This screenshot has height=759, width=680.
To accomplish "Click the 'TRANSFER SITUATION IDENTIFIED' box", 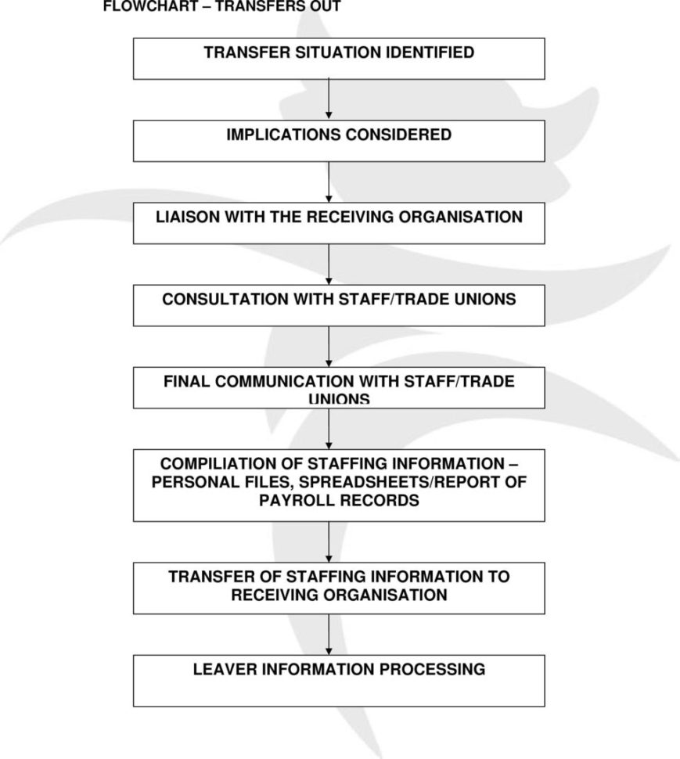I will [339, 59].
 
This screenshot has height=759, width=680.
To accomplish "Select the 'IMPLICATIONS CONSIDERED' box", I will [339, 141].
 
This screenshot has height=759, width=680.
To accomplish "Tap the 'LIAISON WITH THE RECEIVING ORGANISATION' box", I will [339, 223].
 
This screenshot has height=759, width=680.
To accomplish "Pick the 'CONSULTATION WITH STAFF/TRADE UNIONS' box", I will [339, 305].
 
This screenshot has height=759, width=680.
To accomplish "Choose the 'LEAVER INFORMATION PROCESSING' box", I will [339, 681].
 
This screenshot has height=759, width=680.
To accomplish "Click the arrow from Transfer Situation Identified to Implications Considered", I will [329, 99].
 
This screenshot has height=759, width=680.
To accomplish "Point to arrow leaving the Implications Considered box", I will [329, 182].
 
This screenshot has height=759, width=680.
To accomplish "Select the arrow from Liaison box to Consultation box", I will [329, 264].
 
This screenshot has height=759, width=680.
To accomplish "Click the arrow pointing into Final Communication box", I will [329, 346].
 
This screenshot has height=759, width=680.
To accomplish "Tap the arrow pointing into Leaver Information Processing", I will [329, 635].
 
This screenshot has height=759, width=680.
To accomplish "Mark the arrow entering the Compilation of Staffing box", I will [329, 428].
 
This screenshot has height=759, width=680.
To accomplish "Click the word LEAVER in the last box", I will [226, 669].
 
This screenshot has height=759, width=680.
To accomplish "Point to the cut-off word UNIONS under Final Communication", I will [339, 400].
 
